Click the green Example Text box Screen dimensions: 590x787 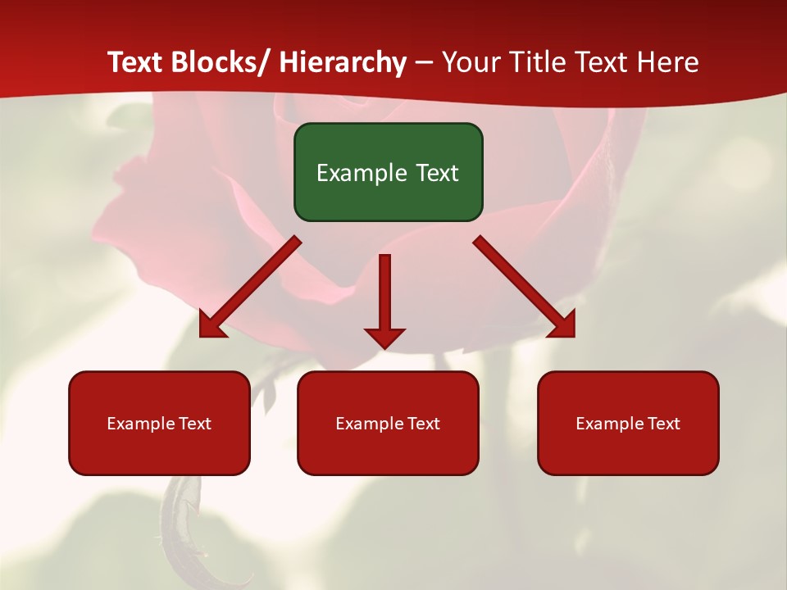388,172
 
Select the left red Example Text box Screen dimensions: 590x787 159,423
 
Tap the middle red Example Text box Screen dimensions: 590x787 388,423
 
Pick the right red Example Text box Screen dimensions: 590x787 628,423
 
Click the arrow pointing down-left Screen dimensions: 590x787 251,287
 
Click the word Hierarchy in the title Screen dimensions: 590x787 343,62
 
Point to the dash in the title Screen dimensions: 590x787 424,63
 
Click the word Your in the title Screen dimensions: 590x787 470,62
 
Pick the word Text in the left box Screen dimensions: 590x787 193,424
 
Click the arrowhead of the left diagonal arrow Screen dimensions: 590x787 211,325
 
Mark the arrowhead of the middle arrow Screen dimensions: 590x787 384,338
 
